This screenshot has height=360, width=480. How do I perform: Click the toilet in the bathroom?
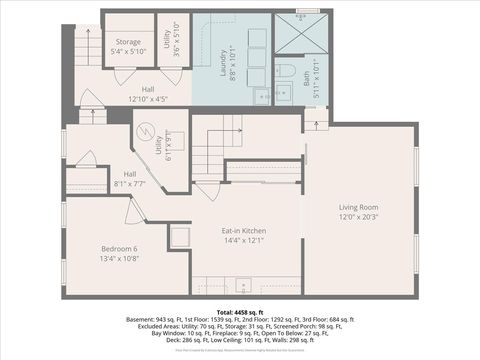pos(284,72)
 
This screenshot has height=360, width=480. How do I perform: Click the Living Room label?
pos(359,207)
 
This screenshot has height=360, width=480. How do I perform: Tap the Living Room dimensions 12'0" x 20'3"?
pos(359,217)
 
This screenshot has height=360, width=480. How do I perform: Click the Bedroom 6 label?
pos(119,248)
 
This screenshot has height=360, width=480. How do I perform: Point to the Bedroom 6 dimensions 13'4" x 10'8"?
pos(119,258)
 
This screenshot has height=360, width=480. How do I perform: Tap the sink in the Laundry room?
pos(262,97)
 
